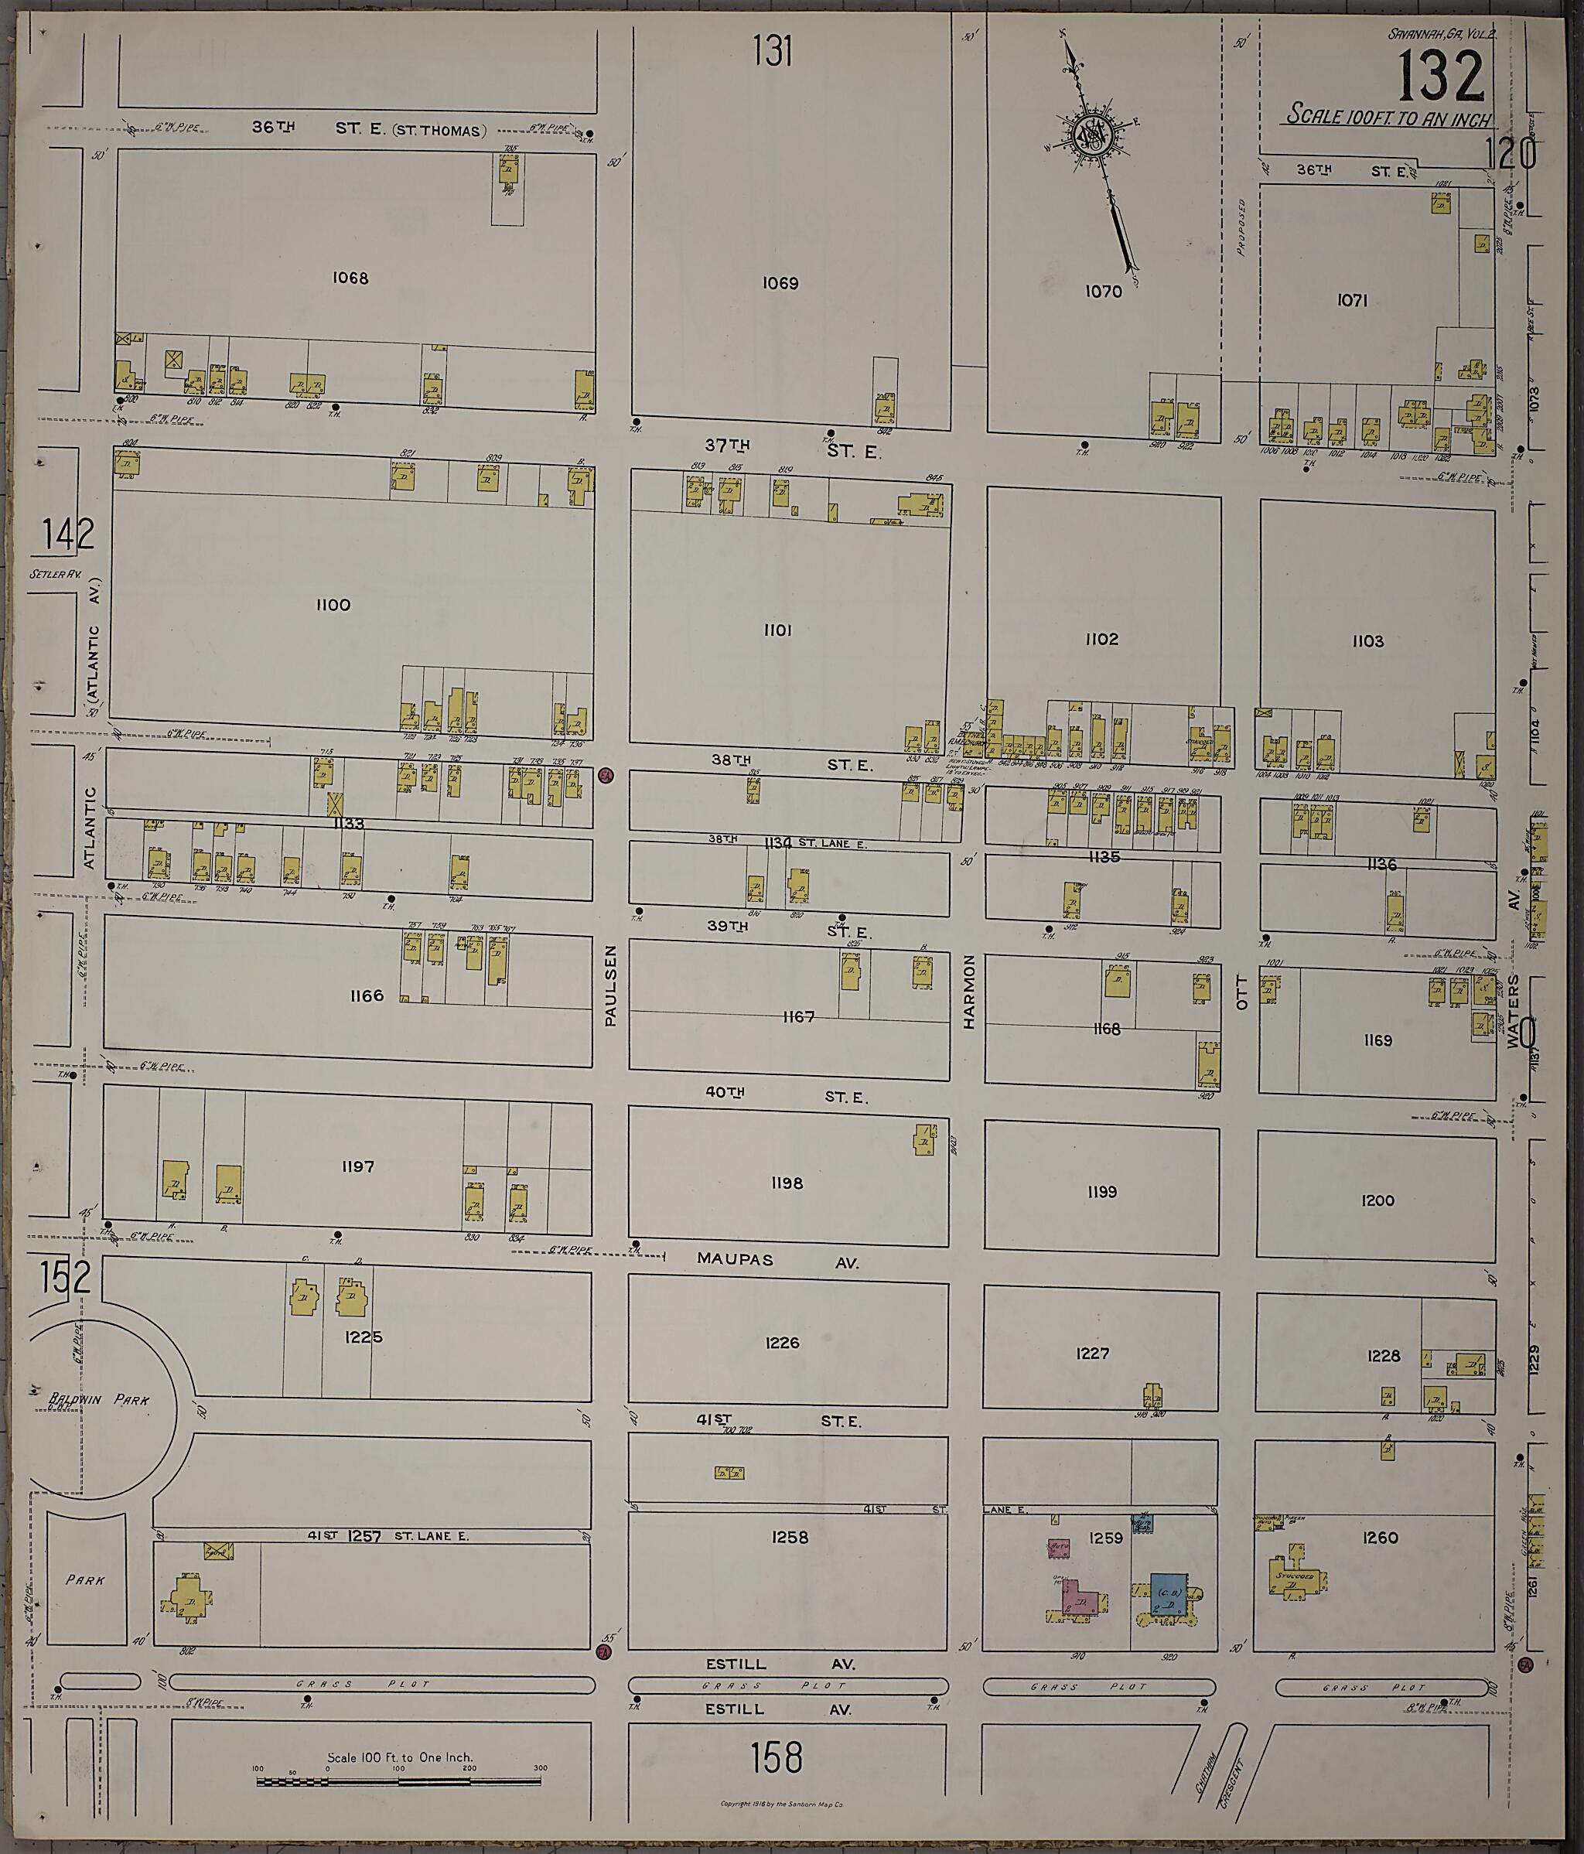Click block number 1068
coord(350,278)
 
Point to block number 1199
coord(1101,1193)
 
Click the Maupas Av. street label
coord(777,1260)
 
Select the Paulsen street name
coord(611,987)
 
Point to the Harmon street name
coord(968,992)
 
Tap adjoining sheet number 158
coord(776,1757)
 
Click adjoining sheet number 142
coord(68,535)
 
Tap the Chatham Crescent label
coord(1220,1764)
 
